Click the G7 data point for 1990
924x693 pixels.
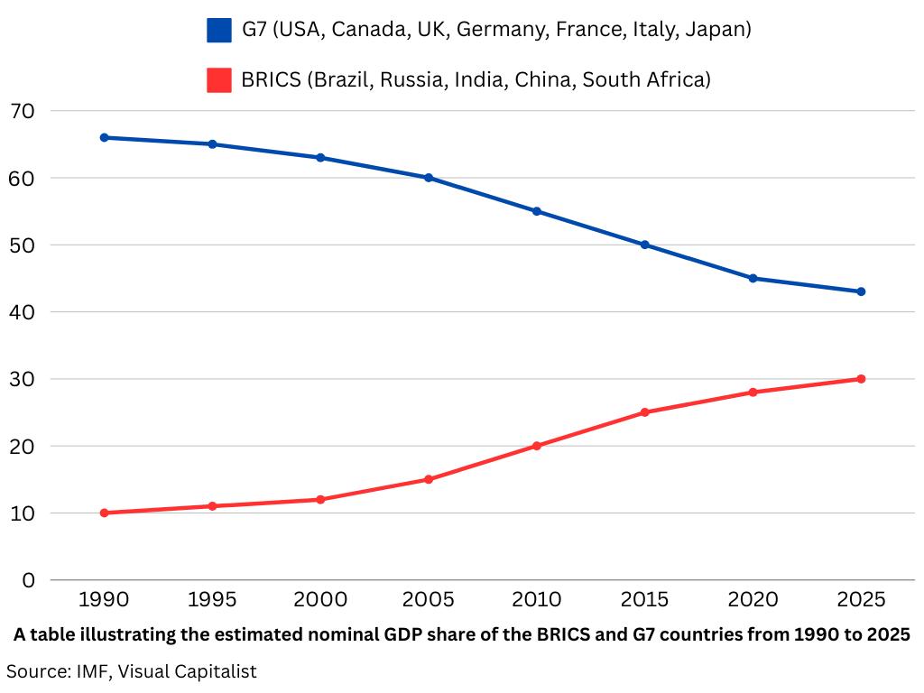[104, 137]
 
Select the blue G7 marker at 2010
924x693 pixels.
[537, 211]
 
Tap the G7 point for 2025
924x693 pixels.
[861, 291]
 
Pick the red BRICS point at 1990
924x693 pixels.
[104, 513]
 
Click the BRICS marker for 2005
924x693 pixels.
[429, 479]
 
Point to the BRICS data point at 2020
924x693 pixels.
[753, 392]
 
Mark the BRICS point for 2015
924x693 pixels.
[645, 412]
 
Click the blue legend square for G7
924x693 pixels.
[219, 30]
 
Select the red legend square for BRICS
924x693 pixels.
[219, 79]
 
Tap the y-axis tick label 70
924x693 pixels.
[22, 111]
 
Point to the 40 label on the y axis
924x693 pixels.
[22, 312]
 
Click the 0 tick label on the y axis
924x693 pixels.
[28, 580]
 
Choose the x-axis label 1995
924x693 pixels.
[212, 599]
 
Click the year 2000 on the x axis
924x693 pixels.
[320, 599]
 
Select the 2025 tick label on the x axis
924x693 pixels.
[861, 599]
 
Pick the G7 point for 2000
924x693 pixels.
[320, 158]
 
